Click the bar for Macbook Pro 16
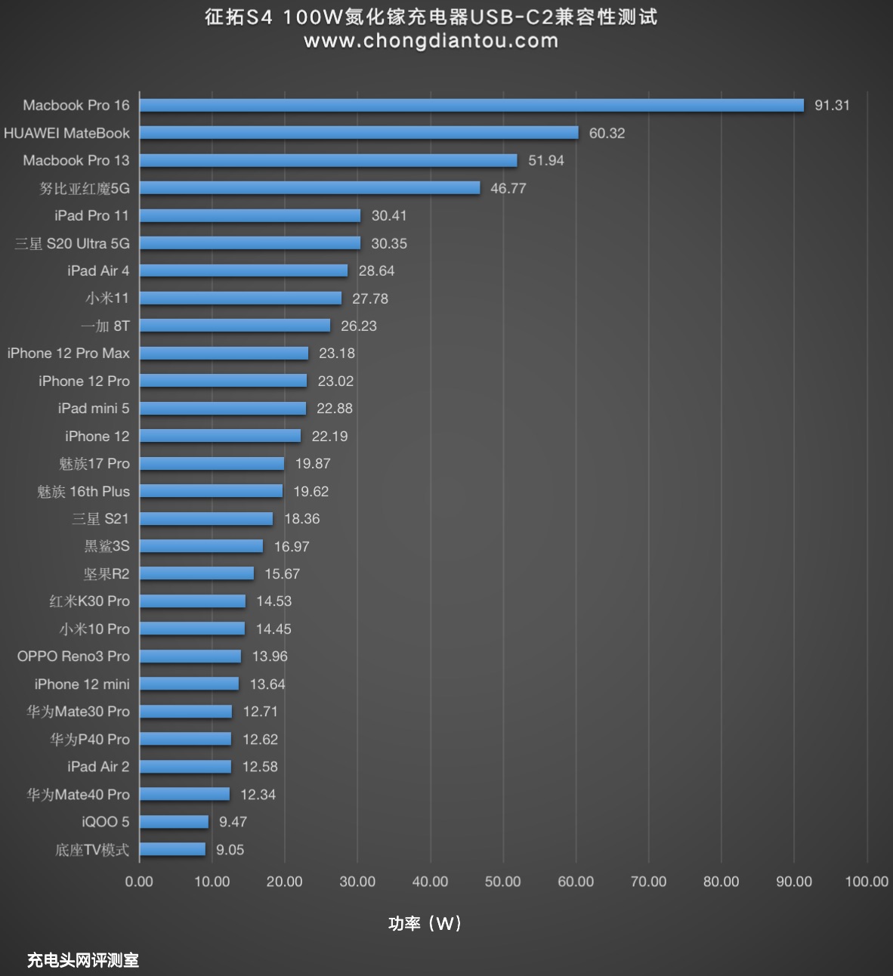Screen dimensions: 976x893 471,105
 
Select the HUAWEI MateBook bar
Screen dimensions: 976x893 359,133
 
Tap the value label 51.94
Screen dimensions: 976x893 546,160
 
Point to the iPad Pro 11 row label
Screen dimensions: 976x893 91,215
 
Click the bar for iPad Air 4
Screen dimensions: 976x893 243,270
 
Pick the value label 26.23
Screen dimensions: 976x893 359,326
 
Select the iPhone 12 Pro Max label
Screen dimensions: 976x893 69,353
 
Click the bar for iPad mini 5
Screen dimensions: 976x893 223,408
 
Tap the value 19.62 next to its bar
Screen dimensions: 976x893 311,491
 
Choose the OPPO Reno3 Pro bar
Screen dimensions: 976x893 190,656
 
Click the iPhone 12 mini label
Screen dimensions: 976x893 82,684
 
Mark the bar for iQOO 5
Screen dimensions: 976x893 174,822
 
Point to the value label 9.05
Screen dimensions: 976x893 230,849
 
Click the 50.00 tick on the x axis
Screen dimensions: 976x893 503,882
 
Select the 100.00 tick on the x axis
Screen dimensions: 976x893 867,882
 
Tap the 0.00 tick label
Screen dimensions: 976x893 139,882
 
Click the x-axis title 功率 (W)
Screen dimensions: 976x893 425,923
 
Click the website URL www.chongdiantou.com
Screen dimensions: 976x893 431,41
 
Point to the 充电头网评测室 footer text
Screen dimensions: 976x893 83,960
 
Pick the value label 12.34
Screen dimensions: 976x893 258,794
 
